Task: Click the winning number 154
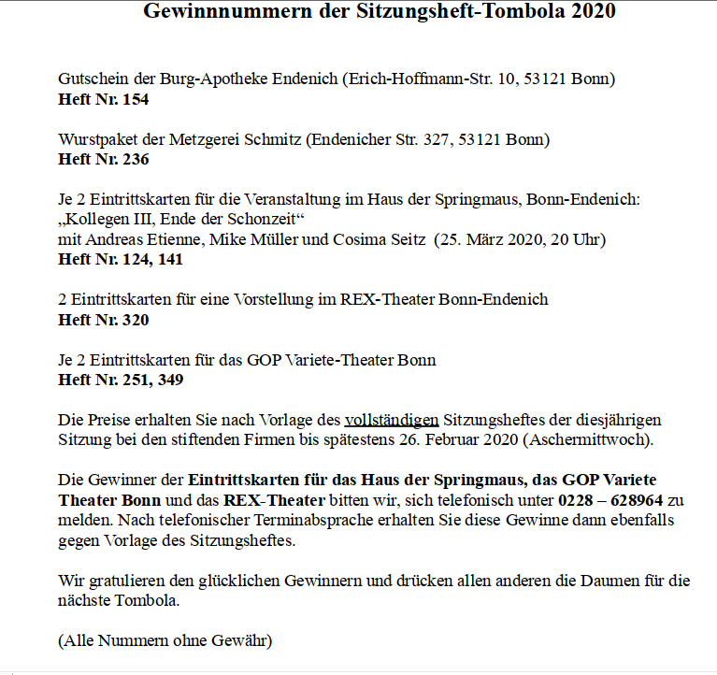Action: pos(135,98)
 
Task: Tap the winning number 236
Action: pos(135,159)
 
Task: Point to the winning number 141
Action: pos(169,259)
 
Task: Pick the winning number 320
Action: pos(135,320)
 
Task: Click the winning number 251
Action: pos(136,381)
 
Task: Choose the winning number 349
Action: pos(169,381)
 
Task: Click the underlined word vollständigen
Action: pos(392,421)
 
